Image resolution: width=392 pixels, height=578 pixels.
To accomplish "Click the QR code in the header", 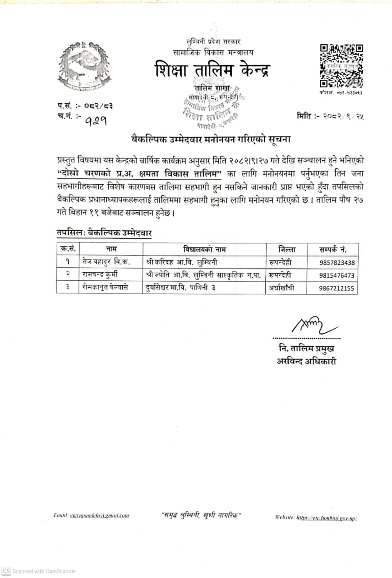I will click(x=341, y=66).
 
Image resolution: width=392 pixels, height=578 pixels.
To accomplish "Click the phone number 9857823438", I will click(x=337, y=262).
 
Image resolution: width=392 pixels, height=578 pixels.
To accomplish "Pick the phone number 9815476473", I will click(x=337, y=275).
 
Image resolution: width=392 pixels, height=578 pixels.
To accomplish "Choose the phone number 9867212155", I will click(x=337, y=288).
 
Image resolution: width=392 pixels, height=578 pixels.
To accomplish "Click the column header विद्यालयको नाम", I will click(x=205, y=249).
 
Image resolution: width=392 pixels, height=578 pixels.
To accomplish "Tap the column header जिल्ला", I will click(x=287, y=249).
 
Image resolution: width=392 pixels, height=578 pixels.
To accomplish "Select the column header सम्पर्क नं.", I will click(x=333, y=249).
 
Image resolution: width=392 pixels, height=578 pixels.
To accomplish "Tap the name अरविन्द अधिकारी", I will click(x=306, y=361).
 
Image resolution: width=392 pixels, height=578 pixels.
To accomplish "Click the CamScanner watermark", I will click(x=39, y=571).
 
